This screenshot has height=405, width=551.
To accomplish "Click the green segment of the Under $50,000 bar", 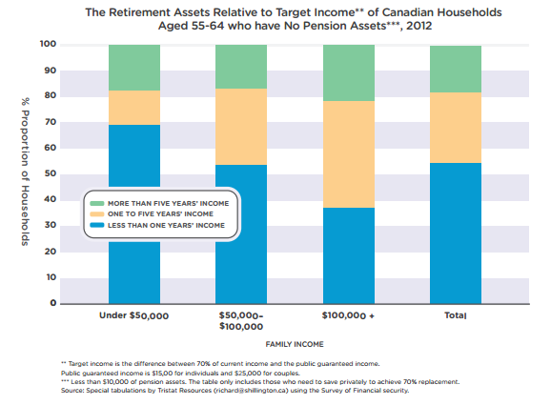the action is [x=134, y=68].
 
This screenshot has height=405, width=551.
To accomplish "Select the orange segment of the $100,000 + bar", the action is [x=349, y=154].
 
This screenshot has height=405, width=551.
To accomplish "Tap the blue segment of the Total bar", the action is [x=456, y=233].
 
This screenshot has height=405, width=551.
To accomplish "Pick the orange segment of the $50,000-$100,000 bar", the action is [x=241, y=127].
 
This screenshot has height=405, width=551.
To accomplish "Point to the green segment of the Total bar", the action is [x=456, y=70].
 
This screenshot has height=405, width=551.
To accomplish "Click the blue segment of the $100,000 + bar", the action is [x=349, y=255].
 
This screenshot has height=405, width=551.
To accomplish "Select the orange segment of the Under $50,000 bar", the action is [x=134, y=108].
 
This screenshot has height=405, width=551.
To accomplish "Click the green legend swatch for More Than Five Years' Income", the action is [x=97, y=203].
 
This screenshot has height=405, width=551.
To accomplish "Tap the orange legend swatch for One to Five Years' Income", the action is [x=97, y=213].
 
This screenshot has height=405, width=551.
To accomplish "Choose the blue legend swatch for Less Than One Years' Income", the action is [x=97, y=225].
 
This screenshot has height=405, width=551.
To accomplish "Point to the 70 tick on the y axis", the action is [x=51, y=122].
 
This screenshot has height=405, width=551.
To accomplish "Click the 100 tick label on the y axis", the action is [x=48, y=44].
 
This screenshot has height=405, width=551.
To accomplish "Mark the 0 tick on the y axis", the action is [x=53, y=303].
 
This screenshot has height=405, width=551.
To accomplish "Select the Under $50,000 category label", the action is [x=133, y=315].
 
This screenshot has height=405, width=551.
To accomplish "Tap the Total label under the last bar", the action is [x=456, y=315].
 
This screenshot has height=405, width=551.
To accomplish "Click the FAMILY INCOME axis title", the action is [x=295, y=344].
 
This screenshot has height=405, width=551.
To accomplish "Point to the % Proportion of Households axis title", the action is [x=25, y=172].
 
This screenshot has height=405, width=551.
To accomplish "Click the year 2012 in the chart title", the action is [x=418, y=26].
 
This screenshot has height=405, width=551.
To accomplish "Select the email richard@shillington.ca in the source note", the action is [x=252, y=391].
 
